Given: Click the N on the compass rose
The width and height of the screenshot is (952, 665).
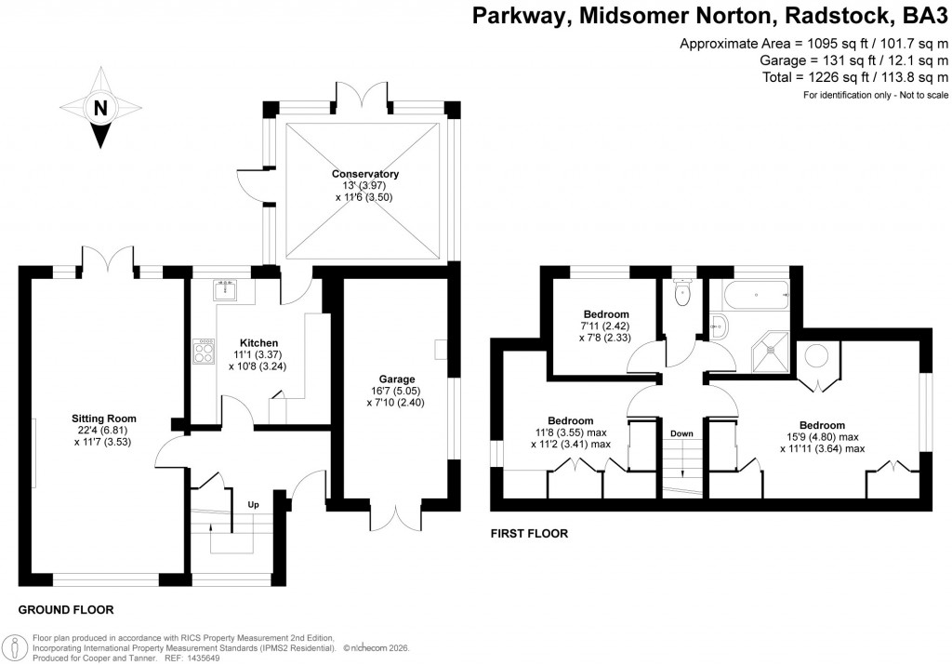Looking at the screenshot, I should pos(99,108).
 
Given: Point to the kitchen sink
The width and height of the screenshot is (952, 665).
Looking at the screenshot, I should pos(224,291).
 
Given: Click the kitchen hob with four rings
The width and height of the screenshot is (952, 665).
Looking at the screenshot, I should pos(202,350).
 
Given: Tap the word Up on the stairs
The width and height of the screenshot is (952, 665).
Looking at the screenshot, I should pos(253,505).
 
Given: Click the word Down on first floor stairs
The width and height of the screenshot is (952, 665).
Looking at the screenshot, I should pos(681,433).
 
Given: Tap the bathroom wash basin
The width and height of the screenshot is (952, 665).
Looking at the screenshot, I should pos(719,326).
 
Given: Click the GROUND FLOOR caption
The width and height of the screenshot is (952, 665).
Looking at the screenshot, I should pos(66,610).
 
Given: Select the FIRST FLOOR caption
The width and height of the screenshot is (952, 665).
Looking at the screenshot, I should pos(528,534).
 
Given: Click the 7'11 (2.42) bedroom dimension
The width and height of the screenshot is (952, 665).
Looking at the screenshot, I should pos(606,327).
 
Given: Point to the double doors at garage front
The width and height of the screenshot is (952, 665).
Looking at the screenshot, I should pos(395,516).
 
